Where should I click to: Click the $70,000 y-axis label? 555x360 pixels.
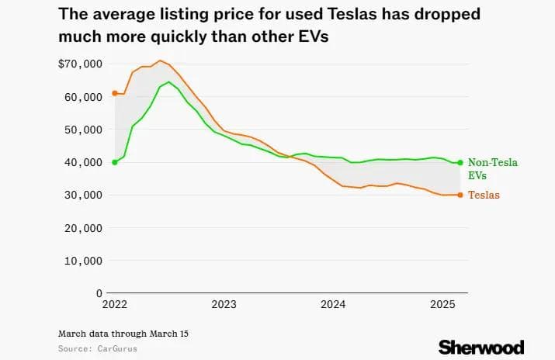click(82, 64)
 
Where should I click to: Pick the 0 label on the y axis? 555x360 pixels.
click(99, 293)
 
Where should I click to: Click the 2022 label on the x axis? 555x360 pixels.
click(114, 305)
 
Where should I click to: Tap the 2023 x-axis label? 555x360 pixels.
click(224, 305)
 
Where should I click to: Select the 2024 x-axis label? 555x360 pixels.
click(333, 305)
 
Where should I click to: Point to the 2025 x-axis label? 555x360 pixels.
click(442, 305)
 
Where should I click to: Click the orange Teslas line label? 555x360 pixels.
click(484, 196)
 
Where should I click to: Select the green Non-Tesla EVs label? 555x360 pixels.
click(492, 169)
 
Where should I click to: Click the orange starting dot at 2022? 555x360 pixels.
click(115, 93)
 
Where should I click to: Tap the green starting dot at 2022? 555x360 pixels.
click(115, 162)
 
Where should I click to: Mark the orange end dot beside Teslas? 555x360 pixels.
click(460, 195)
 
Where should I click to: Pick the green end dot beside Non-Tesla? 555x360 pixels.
click(460, 162)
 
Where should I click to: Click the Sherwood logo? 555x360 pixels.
click(481, 346)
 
